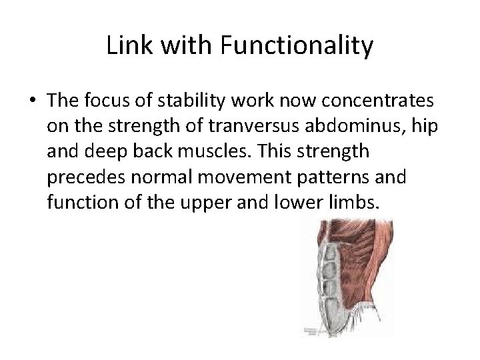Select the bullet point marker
33,102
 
